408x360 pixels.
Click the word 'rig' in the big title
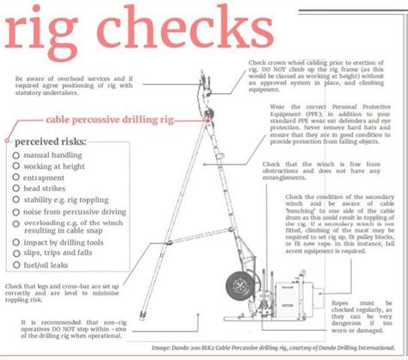point(48,36)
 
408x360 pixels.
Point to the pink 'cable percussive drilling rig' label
point(81,121)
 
